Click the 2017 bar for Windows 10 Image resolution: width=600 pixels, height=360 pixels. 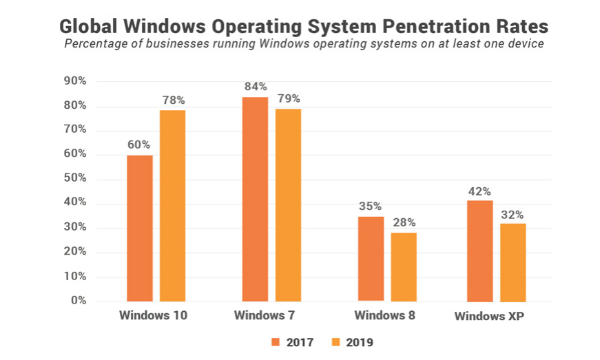140,228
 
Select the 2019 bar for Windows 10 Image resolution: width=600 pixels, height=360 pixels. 173,205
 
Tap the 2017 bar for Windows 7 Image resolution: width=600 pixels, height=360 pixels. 255,199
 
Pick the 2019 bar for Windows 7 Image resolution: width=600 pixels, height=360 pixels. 288,204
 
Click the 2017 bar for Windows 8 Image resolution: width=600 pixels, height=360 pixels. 371,259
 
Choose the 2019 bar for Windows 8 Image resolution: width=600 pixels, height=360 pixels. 404,266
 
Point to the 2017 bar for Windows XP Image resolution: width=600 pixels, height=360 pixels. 480,251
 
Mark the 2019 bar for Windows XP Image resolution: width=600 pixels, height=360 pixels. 513,262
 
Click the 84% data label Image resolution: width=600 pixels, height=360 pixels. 255,87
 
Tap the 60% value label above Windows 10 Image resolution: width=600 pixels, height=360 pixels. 138,145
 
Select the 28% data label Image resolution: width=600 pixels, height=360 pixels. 404,222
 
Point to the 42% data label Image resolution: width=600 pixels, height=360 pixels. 480,190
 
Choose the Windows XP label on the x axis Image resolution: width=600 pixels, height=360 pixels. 493,317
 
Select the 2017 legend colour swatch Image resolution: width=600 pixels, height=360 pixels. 275,342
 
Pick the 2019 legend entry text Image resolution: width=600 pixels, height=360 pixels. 360,342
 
